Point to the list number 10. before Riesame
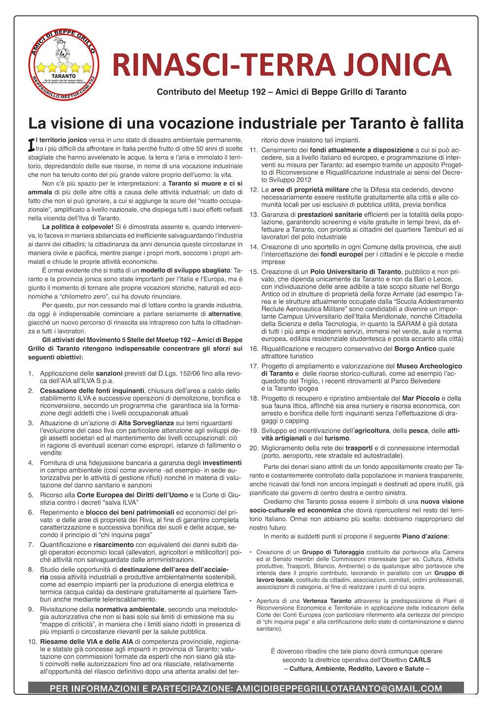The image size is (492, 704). point(32,642)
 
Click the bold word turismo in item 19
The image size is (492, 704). point(336,437)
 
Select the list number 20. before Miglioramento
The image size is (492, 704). point(254,448)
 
